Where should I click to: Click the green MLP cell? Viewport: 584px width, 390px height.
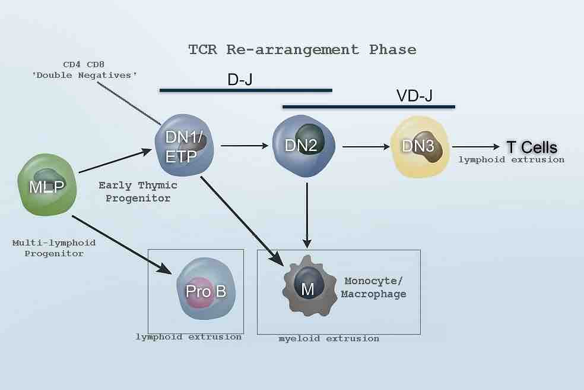point(49,184)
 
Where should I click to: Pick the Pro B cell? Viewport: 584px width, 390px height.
point(205,291)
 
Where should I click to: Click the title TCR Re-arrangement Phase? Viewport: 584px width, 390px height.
point(302,49)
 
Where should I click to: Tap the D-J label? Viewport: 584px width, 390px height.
point(240,79)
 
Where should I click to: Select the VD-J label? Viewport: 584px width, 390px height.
point(414,96)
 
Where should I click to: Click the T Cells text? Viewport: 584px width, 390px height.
point(531,147)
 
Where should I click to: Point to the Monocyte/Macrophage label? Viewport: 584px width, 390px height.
point(373,287)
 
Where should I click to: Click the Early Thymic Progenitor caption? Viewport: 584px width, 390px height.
point(138,191)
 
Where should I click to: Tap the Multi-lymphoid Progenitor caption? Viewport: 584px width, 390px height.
point(53,248)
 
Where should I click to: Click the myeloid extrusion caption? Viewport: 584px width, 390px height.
point(329,338)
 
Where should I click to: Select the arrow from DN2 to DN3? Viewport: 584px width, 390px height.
point(364,146)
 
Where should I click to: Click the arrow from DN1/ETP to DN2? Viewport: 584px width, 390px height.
point(245,144)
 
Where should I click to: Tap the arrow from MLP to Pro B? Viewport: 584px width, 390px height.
point(121,244)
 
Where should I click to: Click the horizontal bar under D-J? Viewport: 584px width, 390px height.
point(245,90)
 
